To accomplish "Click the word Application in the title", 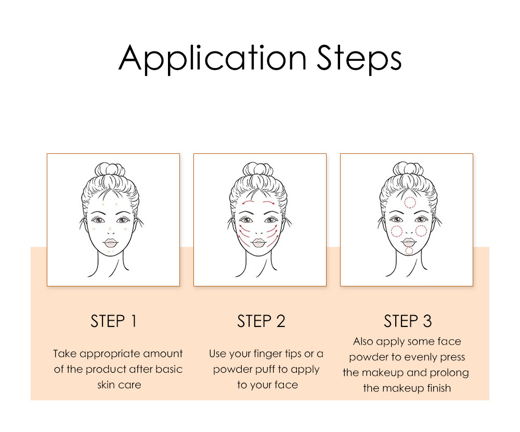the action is (213, 59).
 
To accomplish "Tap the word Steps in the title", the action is (359, 59).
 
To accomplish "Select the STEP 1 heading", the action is (113, 321).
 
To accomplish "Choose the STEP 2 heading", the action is (261, 321).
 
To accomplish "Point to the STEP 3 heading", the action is (408, 321).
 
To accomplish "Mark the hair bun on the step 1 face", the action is (110, 169).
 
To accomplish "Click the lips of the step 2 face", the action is (258, 243).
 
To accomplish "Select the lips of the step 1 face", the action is (110, 243).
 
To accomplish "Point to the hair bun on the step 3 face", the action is (408, 169).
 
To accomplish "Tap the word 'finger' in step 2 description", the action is (269, 354).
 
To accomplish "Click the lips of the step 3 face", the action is (409, 242).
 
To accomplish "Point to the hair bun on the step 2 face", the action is (258, 169).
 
